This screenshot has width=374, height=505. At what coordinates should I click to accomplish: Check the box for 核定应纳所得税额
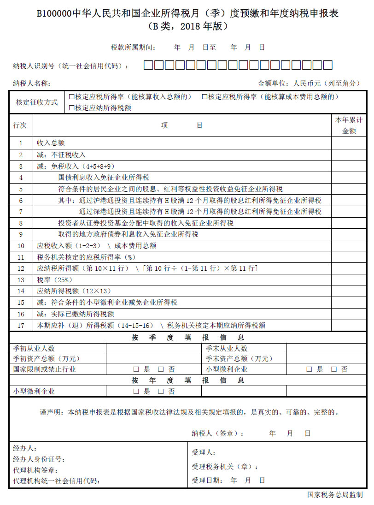[x=72, y=108]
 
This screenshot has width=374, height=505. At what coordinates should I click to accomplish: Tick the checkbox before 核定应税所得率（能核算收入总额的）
[x=72, y=97]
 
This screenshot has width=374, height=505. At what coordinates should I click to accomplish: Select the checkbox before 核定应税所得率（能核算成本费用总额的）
[x=205, y=97]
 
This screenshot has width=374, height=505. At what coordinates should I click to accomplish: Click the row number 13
[x=21, y=280]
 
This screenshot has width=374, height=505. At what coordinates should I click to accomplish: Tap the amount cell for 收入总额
[x=349, y=143]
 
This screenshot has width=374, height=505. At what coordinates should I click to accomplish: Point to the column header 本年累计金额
[x=349, y=125]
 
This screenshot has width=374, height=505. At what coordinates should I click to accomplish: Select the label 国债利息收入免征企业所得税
[x=104, y=178]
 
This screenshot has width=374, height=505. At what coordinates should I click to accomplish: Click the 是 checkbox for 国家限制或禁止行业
[x=136, y=369]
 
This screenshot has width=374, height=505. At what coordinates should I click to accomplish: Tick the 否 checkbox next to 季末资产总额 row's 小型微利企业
[x=334, y=369]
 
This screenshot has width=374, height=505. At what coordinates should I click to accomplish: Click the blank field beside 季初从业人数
[x=153, y=348]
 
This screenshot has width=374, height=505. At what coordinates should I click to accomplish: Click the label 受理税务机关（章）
[x=225, y=467]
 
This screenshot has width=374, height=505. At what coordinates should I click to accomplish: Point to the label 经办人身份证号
[x=39, y=459]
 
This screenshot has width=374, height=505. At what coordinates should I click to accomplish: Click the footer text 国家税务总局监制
[x=335, y=495]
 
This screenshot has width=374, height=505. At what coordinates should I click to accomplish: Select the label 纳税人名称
[x=32, y=83]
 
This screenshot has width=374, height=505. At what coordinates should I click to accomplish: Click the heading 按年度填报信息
[x=187, y=380]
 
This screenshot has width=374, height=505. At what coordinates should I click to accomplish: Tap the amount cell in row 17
[x=349, y=325]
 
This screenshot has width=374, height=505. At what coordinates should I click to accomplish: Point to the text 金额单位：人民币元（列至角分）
[x=309, y=83]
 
